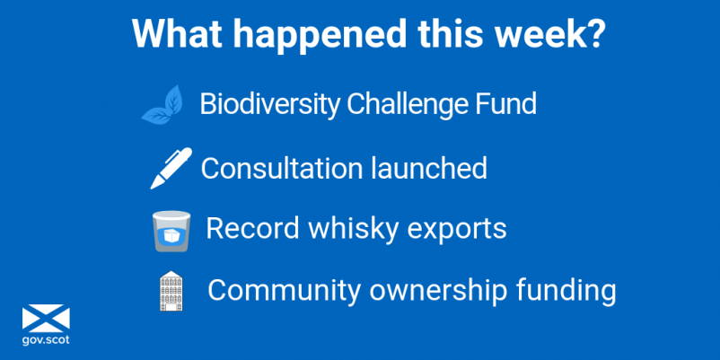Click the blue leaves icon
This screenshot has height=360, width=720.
pyautogui.click(x=162, y=105)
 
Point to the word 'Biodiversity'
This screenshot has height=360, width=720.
pyautogui.click(x=269, y=105)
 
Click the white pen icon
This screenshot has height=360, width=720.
pyautogui.click(x=171, y=168)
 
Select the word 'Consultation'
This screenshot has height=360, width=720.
pyautogui.click(x=283, y=168)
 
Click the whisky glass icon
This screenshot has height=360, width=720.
pyautogui.click(x=171, y=231)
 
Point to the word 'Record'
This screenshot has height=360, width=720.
pyautogui.click(x=252, y=228)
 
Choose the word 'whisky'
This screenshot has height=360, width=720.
pyautogui.click(x=354, y=230)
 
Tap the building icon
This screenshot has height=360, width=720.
pyautogui.click(x=171, y=291)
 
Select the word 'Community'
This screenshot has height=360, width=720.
pyautogui.click(x=284, y=291)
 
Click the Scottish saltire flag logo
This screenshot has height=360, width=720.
pyautogui.click(x=46, y=318)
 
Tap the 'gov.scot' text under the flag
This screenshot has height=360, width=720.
pyautogui.click(x=46, y=340)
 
